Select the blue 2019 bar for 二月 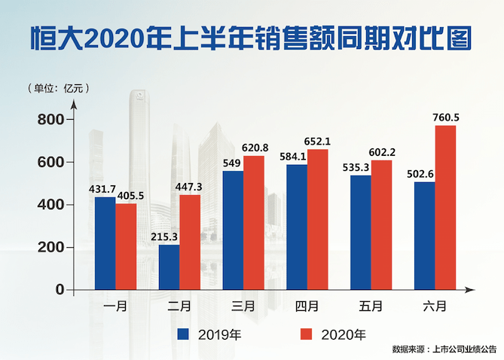[169, 267]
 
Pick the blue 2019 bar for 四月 [297, 227]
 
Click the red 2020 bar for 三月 [254, 222]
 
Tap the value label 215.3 [163, 236]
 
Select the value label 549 [233, 162]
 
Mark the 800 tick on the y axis [50, 120]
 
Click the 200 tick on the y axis [50, 248]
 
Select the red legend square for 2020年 [306, 333]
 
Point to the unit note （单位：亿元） [57, 87]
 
